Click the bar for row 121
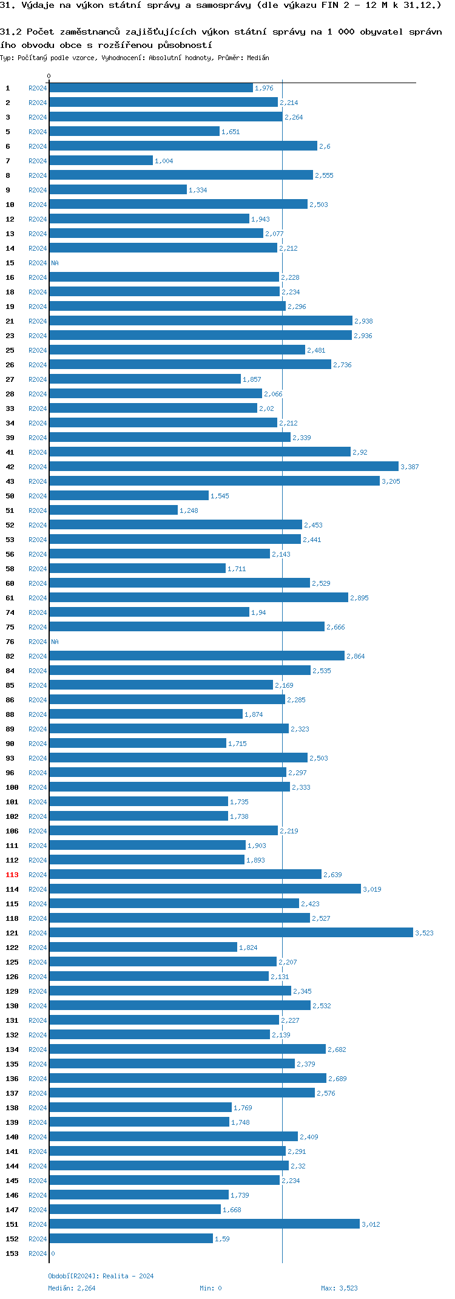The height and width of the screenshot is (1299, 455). coord(231,932)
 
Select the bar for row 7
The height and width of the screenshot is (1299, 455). coord(101,160)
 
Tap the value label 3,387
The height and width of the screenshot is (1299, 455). coord(409,467)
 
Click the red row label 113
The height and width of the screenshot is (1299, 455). coord(12,875)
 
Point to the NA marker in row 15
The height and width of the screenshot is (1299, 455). coord(55,263)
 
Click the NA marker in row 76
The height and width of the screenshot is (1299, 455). coord(55,642)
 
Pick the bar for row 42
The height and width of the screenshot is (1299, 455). coord(223,466)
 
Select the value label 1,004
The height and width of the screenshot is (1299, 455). coord(164,161)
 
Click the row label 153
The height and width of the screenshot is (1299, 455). coord(12,1253)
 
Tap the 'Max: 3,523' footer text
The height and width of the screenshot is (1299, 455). coord(339,1287)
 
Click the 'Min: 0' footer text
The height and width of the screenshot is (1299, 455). coord(211,1287)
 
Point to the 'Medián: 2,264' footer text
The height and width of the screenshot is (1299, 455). coord(72,1287)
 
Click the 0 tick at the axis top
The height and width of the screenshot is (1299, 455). coord(49,76)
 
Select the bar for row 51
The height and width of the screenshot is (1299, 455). coord(113,510)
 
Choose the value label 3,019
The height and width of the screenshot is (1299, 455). coord(372,889)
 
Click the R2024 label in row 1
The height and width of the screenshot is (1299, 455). coord(38,88)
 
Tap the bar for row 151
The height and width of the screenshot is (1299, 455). coord(204,1224)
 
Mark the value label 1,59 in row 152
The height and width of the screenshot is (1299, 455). coord(222,1239)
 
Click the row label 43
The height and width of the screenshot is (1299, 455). coord(10,481)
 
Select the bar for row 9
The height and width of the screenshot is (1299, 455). coord(118,189)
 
